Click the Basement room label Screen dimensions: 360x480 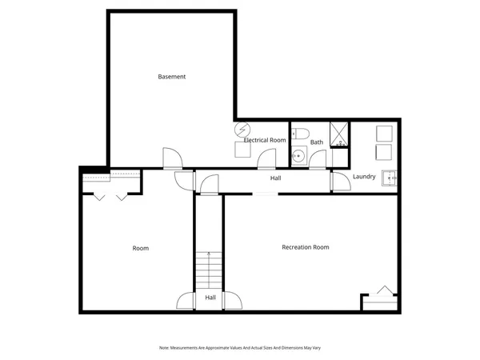click(x=172, y=77)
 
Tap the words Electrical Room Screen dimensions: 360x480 click(x=265, y=140)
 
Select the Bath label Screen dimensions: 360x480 click(x=317, y=142)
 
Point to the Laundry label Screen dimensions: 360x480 click(x=364, y=177)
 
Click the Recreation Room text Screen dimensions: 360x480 click(x=306, y=247)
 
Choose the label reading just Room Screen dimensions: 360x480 click(x=140, y=248)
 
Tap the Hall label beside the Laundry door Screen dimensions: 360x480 click(x=275, y=178)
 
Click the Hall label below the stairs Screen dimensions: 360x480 click(x=210, y=298)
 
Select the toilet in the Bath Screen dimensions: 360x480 click(x=298, y=134)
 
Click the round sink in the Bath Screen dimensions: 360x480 click(x=298, y=156)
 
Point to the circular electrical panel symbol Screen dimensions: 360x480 click(x=242, y=129)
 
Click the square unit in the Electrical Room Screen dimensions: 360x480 click(x=242, y=148)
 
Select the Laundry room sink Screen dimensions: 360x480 click(x=389, y=177)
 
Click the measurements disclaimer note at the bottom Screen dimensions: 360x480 click(x=240, y=347)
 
